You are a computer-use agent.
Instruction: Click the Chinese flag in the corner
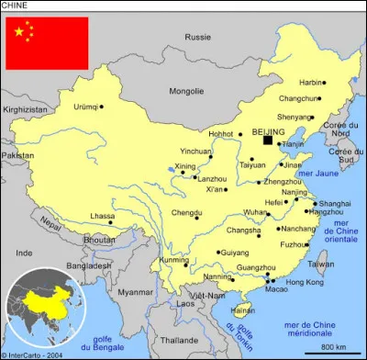[x=47, y=43]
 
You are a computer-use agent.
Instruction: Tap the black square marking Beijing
[x=268, y=140]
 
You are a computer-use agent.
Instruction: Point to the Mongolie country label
[x=188, y=91]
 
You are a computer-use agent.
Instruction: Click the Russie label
[x=197, y=38]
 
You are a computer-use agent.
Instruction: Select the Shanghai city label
[x=336, y=203]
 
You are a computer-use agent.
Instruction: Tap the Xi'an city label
[x=215, y=188]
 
